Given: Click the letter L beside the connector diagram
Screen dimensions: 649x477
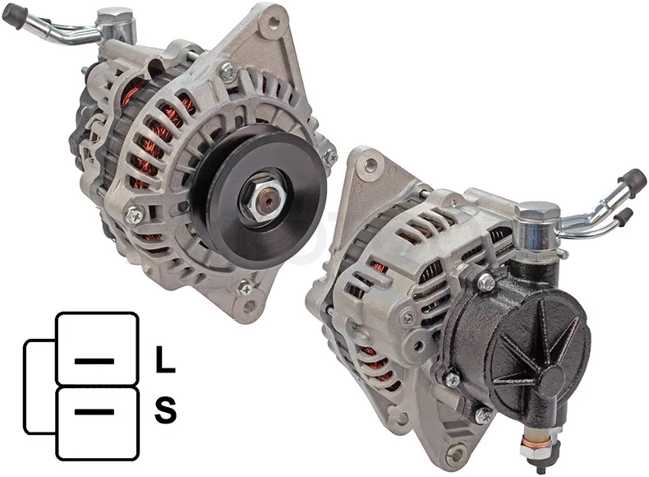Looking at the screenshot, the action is [x=165, y=359].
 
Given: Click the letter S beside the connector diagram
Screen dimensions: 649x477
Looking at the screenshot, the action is [x=165, y=410].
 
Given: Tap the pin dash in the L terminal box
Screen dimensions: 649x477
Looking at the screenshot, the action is [x=94, y=361].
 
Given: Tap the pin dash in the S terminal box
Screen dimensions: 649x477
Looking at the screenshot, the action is [x=94, y=412].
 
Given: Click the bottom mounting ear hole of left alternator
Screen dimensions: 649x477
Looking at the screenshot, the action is [x=249, y=306].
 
